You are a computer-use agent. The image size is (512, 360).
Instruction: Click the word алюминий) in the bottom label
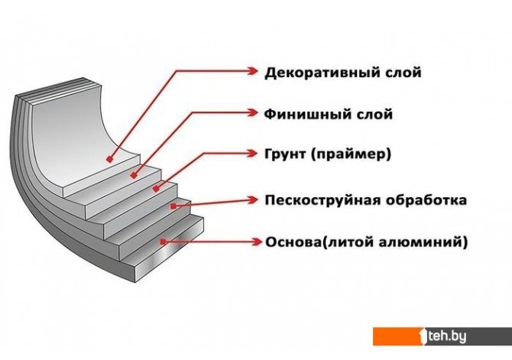click(x=425, y=242)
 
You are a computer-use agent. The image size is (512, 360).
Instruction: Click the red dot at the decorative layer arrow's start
click(x=110, y=160)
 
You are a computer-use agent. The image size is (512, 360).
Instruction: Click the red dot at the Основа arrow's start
click(x=161, y=242)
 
